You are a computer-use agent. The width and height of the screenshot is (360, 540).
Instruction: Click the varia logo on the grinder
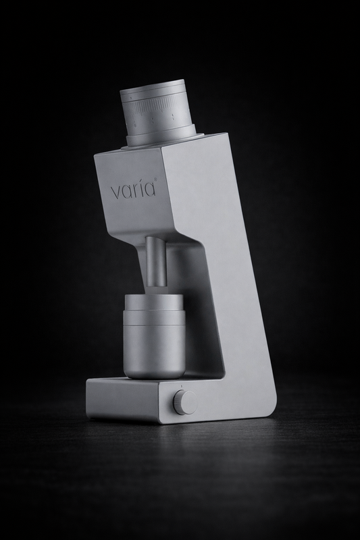coord(133,188)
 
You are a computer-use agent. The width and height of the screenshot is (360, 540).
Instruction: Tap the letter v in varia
coord(115,190)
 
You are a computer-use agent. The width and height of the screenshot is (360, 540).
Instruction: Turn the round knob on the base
coord(183,402)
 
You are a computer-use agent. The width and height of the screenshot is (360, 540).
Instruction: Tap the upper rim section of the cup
coord(153,302)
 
